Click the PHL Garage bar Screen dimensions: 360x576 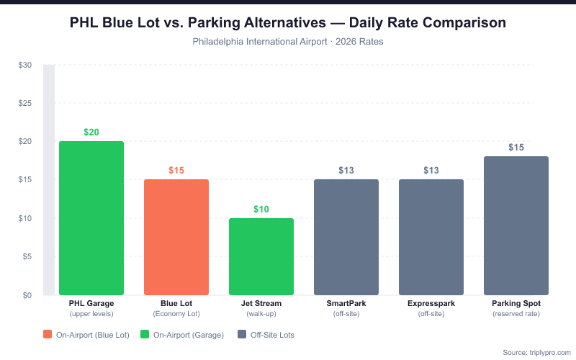pyautogui.click(x=91, y=217)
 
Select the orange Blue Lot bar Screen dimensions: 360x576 pyautogui.click(x=176, y=237)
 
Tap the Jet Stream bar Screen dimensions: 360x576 pyautogui.click(x=261, y=256)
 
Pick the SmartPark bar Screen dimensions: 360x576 pyautogui.click(x=346, y=237)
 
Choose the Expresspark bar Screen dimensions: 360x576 pyautogui.click(x=431, y=237)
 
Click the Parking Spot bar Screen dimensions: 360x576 pyautogui.click(x=516, y=225)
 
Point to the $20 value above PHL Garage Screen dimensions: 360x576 pyautogui.click(x=91, y=132)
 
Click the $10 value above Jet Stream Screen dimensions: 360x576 pyautogui.click(x=261, y=210)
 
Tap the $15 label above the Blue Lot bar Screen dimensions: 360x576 pyautogui.click(x=176, y=171)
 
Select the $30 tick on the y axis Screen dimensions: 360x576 pyautogui.click(x=25, y=65)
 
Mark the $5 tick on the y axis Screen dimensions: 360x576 pyautogui.click(x=27, y=257)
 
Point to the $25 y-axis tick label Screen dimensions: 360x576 pyautogui.click(x=25, y=103)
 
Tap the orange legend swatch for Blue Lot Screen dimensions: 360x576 pyautogui.click(x=48, y=335)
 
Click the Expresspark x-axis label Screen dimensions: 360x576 pyautogui.click(x=431, y=304)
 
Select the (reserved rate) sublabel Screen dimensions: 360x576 pyautogui.click(x=516, y=314)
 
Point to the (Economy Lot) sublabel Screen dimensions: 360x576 pyautogui.click(x=176, y=314)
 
